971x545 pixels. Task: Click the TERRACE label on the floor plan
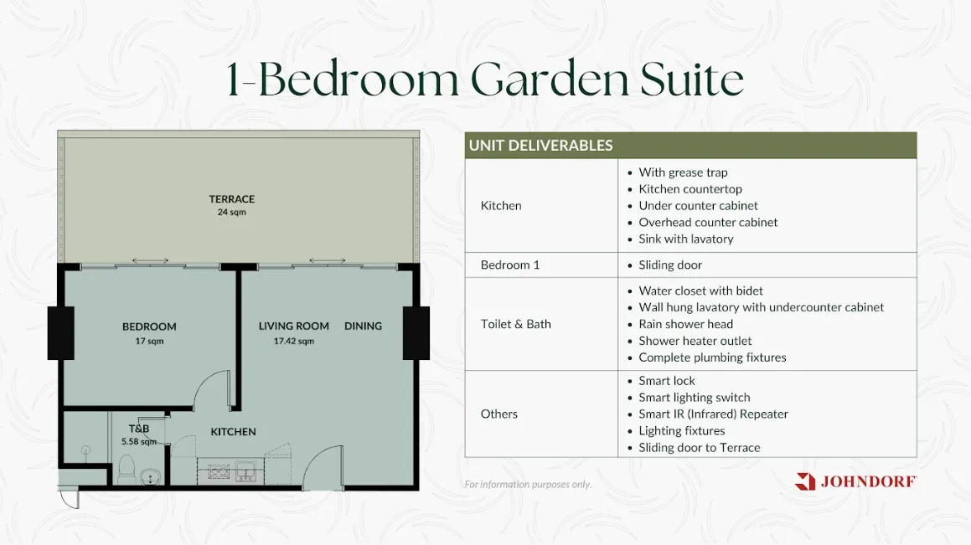pyautogui.click(x=231, y=199)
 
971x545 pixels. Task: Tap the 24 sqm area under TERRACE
pyautogui.click(x=231, y=212)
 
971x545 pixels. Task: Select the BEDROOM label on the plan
pyautogui.click(x=149, y=326)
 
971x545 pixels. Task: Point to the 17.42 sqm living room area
pyautogui.click(x=293, y=341)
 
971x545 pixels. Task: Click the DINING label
pyautogui.click(x=363, y=326)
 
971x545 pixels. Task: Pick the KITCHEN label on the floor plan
pyautogui.click(x=233, y=432)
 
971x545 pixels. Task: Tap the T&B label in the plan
pyautogui.click(x=139, y=429)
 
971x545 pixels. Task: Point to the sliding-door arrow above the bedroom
pyautogui.click(x=150, y=260)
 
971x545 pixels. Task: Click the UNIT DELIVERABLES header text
pyautogui.click(x=540, y=146)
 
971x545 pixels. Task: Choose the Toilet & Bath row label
pyautogui.click(x=516, y=324)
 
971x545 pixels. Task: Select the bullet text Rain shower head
pyautogui.click(x=685, y=324)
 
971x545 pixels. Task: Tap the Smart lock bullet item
pyautogui.click(x=667, y=381)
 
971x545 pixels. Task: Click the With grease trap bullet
pyautogui.click(x=683, y=172)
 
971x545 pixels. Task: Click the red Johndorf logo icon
pyautogui.click(x=805, y=481)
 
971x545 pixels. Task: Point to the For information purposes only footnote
pyautogui.click(x=528, y=485)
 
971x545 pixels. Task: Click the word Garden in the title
pyautogui.click(x=550, y=80)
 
